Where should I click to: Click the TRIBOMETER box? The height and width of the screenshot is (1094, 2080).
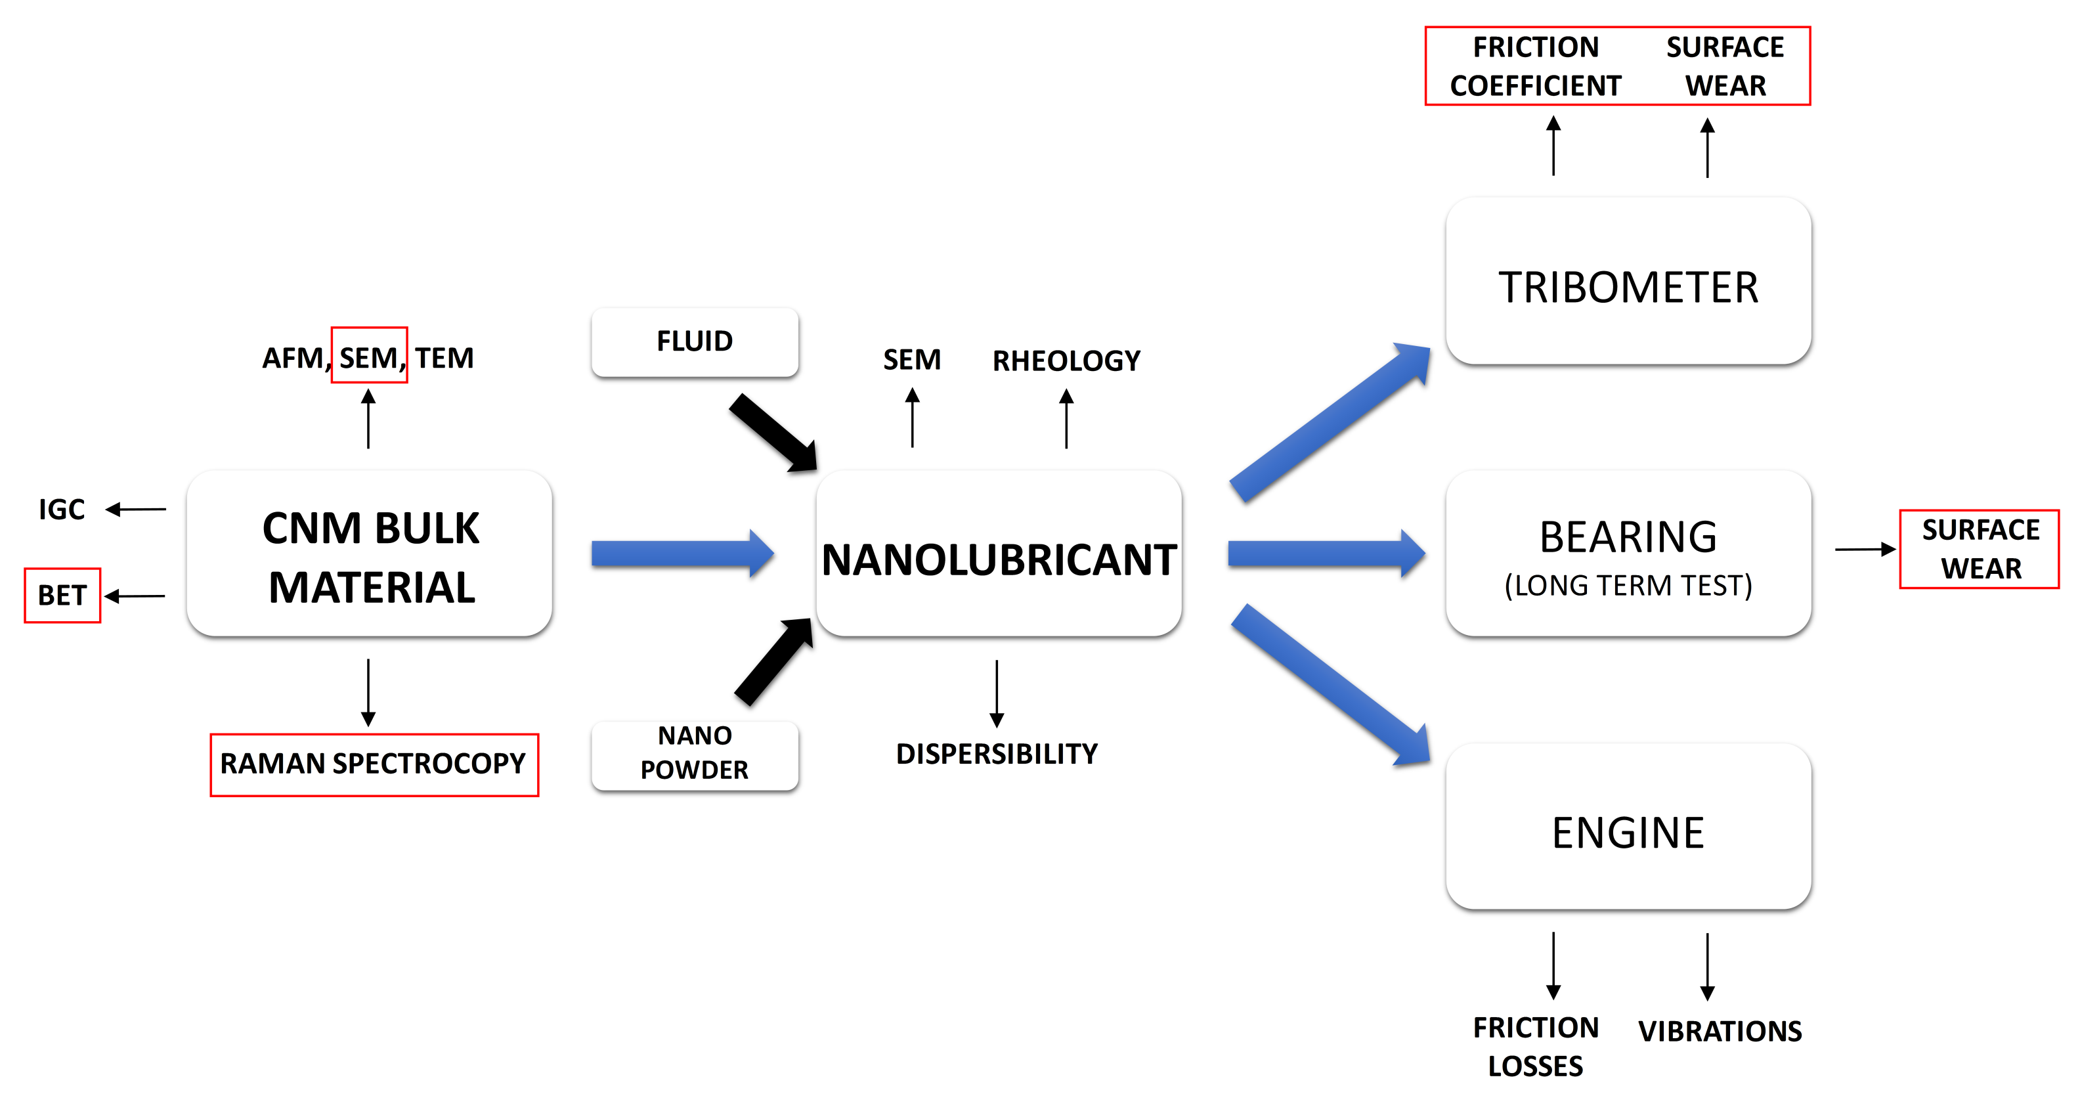pyautogui.click(x=1628, y=282)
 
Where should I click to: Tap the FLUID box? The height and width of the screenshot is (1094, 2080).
pyautogui.click(x=695, y=341)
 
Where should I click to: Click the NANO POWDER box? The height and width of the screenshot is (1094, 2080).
pyautogui.click(x=695, y=753)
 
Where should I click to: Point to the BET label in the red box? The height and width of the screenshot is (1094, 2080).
pyautogui.click(x=62, y=596)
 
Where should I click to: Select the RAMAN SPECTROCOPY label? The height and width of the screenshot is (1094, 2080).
pyautogui.click(x=373, y=764)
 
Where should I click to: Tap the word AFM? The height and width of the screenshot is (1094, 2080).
pyautogui.click(x=292, y=358)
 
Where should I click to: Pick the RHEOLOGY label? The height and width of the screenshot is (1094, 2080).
pyautogui.click(x=1066, y=361)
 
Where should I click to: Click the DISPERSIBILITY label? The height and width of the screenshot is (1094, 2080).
pyautogui.click(x=997, y=754)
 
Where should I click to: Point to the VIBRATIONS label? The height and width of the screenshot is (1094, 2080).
pyautogui.click(x=1720, y=1031)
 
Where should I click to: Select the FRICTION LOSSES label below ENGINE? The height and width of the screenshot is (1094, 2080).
pyautogui.click(x=1536, y=1046)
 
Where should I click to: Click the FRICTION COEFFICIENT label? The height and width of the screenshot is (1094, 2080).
pyautogui.click(x=1536, y=66)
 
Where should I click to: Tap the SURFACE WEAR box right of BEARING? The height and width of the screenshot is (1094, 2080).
pyautogui.click(x=1980, y=549)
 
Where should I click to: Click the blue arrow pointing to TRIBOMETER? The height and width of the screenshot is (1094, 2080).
pyautogui.click(x=1329, y=422)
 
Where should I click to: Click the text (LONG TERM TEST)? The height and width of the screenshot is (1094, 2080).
pyautogui.click(x=1628, y=585)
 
